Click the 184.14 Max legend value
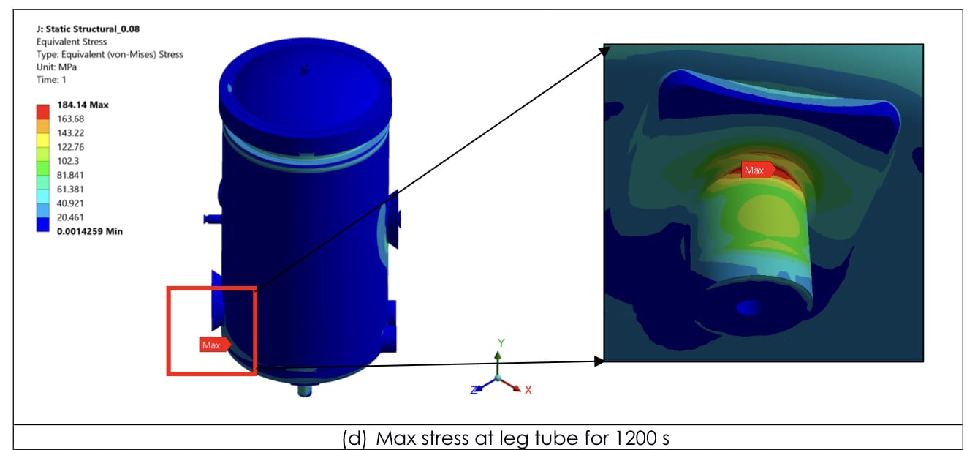click(x=83, y=105)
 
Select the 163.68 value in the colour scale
click(x=70, y=119)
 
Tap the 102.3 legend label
click(x=68, y=161)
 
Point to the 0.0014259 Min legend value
click(x=90, y=231)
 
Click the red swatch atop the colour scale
click(x=42, y=111)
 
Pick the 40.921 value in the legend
click(x=70, y=203)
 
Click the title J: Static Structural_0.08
click(x=88, y=29)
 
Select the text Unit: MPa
click(x=56, y=67)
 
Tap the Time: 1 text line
click(x=51, y=80)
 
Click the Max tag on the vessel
click(x=214, y=345)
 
